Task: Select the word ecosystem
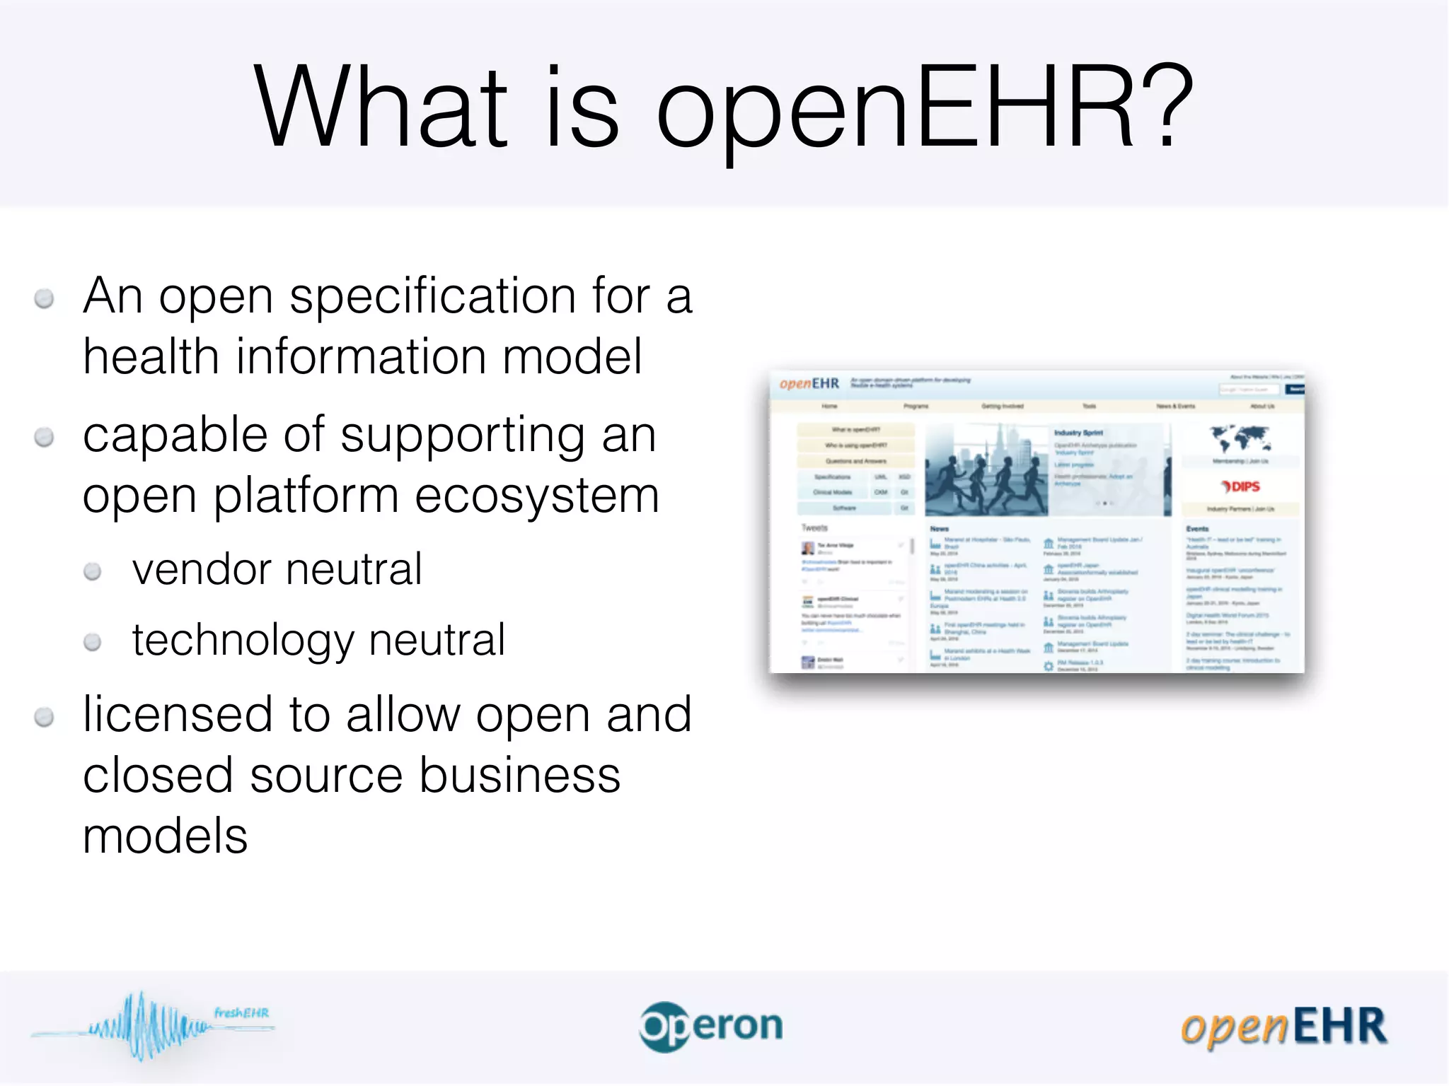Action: coord(537,496)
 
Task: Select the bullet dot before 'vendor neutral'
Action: coord(92,571)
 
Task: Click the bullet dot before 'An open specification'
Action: coord(44,299)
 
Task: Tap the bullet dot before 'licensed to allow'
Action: coord(44,718)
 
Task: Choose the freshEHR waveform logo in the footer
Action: coord(152,1025)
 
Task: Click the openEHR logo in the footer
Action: coord(1283,1027)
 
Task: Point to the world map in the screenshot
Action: coord(1240,438)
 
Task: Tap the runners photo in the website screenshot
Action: coord(986,470)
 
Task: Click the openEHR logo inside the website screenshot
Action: coord(809,384)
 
